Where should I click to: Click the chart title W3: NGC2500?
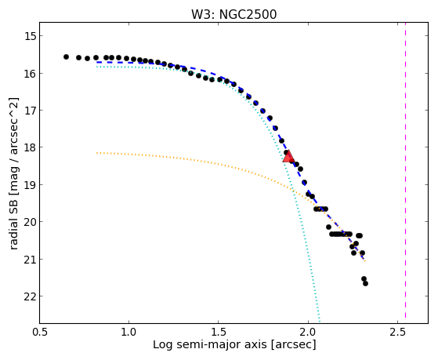[233, 14]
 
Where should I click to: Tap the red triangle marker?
[288, 157]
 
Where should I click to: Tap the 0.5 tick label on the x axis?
[39, 333]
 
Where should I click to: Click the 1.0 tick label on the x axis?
[129, 333]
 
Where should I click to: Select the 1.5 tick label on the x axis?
[218, 333]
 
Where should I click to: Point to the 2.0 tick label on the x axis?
[308, 333]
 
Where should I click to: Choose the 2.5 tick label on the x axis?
[397, 333]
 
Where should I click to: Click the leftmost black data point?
[66, 56]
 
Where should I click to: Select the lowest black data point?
[365, 284]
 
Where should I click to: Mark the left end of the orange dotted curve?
[96, 153]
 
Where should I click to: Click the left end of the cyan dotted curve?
[96, 67]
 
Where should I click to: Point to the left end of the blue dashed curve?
[96, 62]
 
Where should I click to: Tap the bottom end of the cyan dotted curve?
[320, 322]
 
